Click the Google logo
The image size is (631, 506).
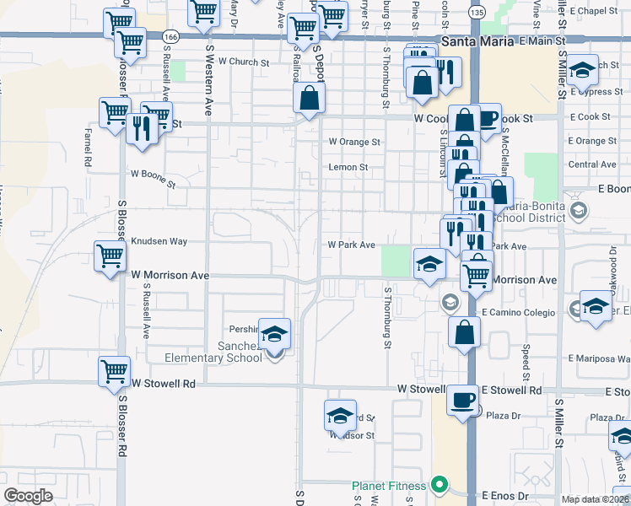tap(29, 495)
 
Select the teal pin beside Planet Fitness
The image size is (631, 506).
tap(438, 485)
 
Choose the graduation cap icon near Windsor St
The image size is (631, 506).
tap(340, 416)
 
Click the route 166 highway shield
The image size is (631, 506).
tap(171, 38)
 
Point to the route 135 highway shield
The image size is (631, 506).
tap(477, 13)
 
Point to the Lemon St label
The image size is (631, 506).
tap(349, 168)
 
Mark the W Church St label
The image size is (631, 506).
tap(243, 62)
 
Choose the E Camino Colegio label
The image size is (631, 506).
tap(518, 312)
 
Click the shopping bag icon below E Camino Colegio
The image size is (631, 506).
tap(464, 332)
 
